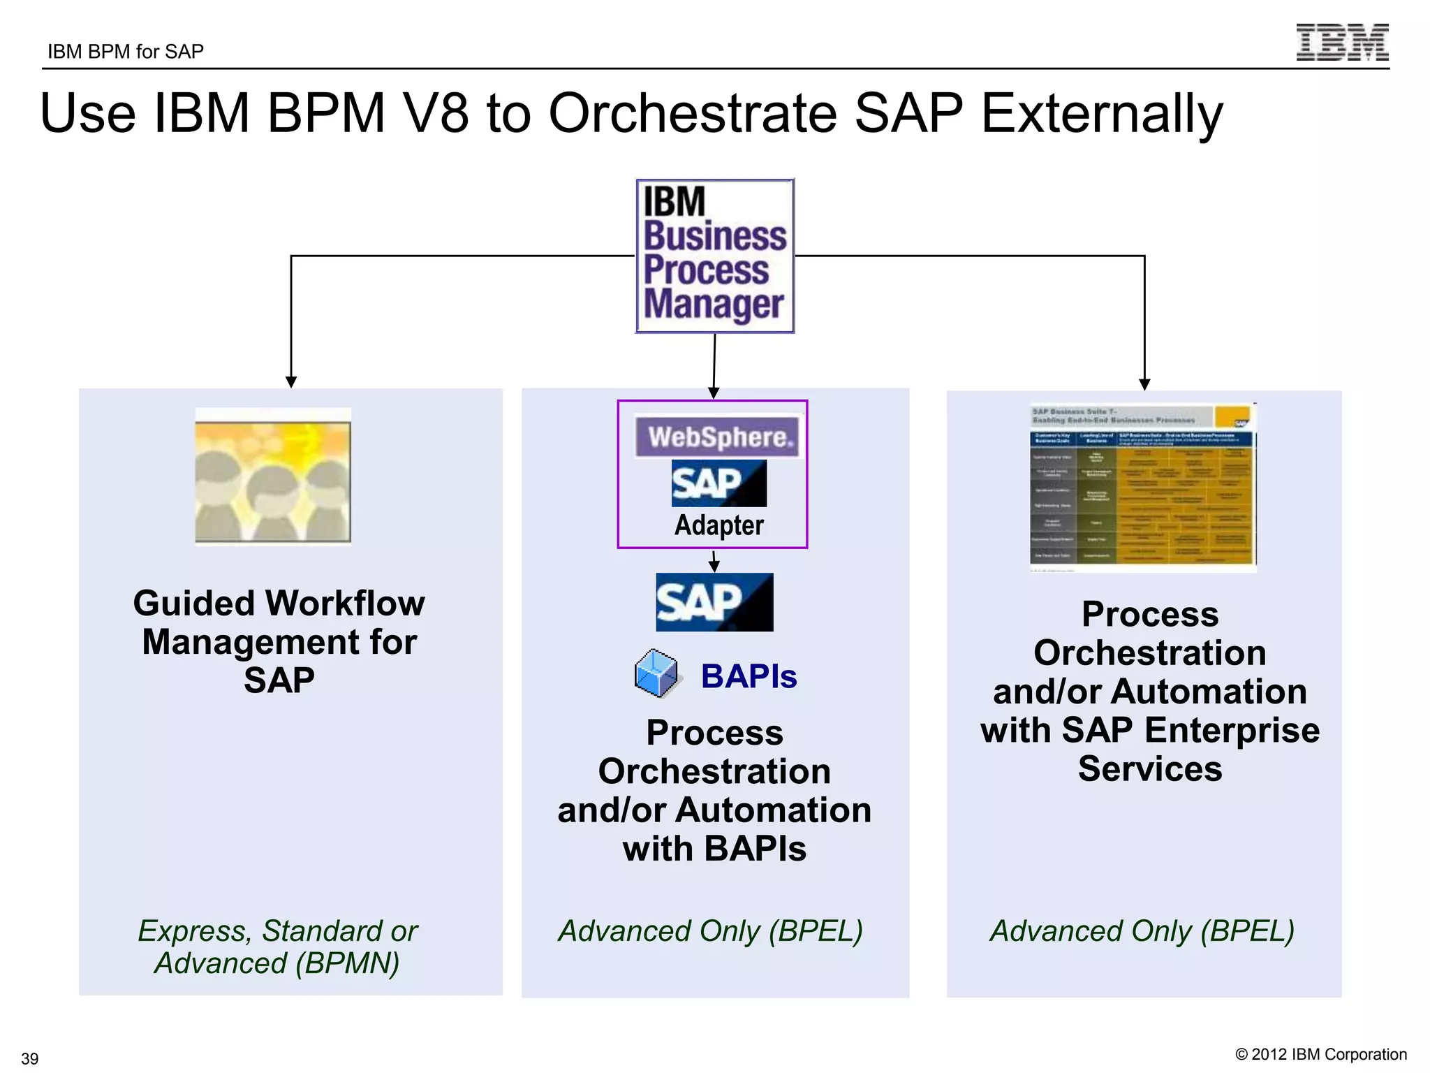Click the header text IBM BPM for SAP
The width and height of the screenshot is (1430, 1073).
pos(126,52)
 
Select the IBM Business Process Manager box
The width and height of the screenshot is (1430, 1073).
pos(714,256)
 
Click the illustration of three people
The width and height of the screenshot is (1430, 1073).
pos(273,476)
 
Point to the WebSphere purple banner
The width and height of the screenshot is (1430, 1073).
pos(717,437)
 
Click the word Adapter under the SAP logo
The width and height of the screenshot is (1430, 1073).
pos(718,525)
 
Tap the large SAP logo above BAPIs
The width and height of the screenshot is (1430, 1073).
pos(714,602)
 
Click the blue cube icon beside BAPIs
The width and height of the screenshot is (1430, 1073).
pos(656,673)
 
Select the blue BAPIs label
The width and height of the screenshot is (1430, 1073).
pos(749,676)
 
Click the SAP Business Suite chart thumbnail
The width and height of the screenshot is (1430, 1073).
pos(1142,488)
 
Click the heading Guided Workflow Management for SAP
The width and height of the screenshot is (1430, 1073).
pos(279,641)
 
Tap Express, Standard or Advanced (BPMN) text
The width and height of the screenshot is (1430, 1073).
pos(277,947)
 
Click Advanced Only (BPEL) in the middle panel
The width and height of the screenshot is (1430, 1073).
pos(710,931)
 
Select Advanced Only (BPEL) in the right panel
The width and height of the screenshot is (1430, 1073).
pos(1142,931)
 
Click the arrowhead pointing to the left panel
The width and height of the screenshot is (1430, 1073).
pos(291,382)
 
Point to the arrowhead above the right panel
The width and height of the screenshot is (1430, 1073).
pos(1144,384)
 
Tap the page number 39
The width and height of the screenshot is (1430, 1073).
pos(30,1058)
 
